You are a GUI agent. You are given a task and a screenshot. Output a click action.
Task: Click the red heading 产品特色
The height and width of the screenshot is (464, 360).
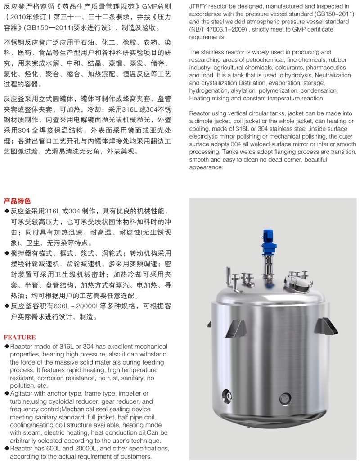pyautogui.click(x=17, y=201)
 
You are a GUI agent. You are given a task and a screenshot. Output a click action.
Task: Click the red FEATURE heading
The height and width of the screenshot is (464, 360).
pyautogui.click(x=19, y=337)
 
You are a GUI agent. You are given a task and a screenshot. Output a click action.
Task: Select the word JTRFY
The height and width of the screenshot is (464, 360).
pyautogui.click(x=200, y=6)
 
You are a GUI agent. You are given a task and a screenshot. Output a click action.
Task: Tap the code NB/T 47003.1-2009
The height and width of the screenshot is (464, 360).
pyautogui.click(x=220, y=29)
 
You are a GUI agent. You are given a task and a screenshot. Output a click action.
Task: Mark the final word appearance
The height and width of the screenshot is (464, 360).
pyautogui.click(x=206, y=167)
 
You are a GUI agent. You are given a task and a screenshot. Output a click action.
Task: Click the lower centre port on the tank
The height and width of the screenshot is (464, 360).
pyautogui.click(x=284, y=398)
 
